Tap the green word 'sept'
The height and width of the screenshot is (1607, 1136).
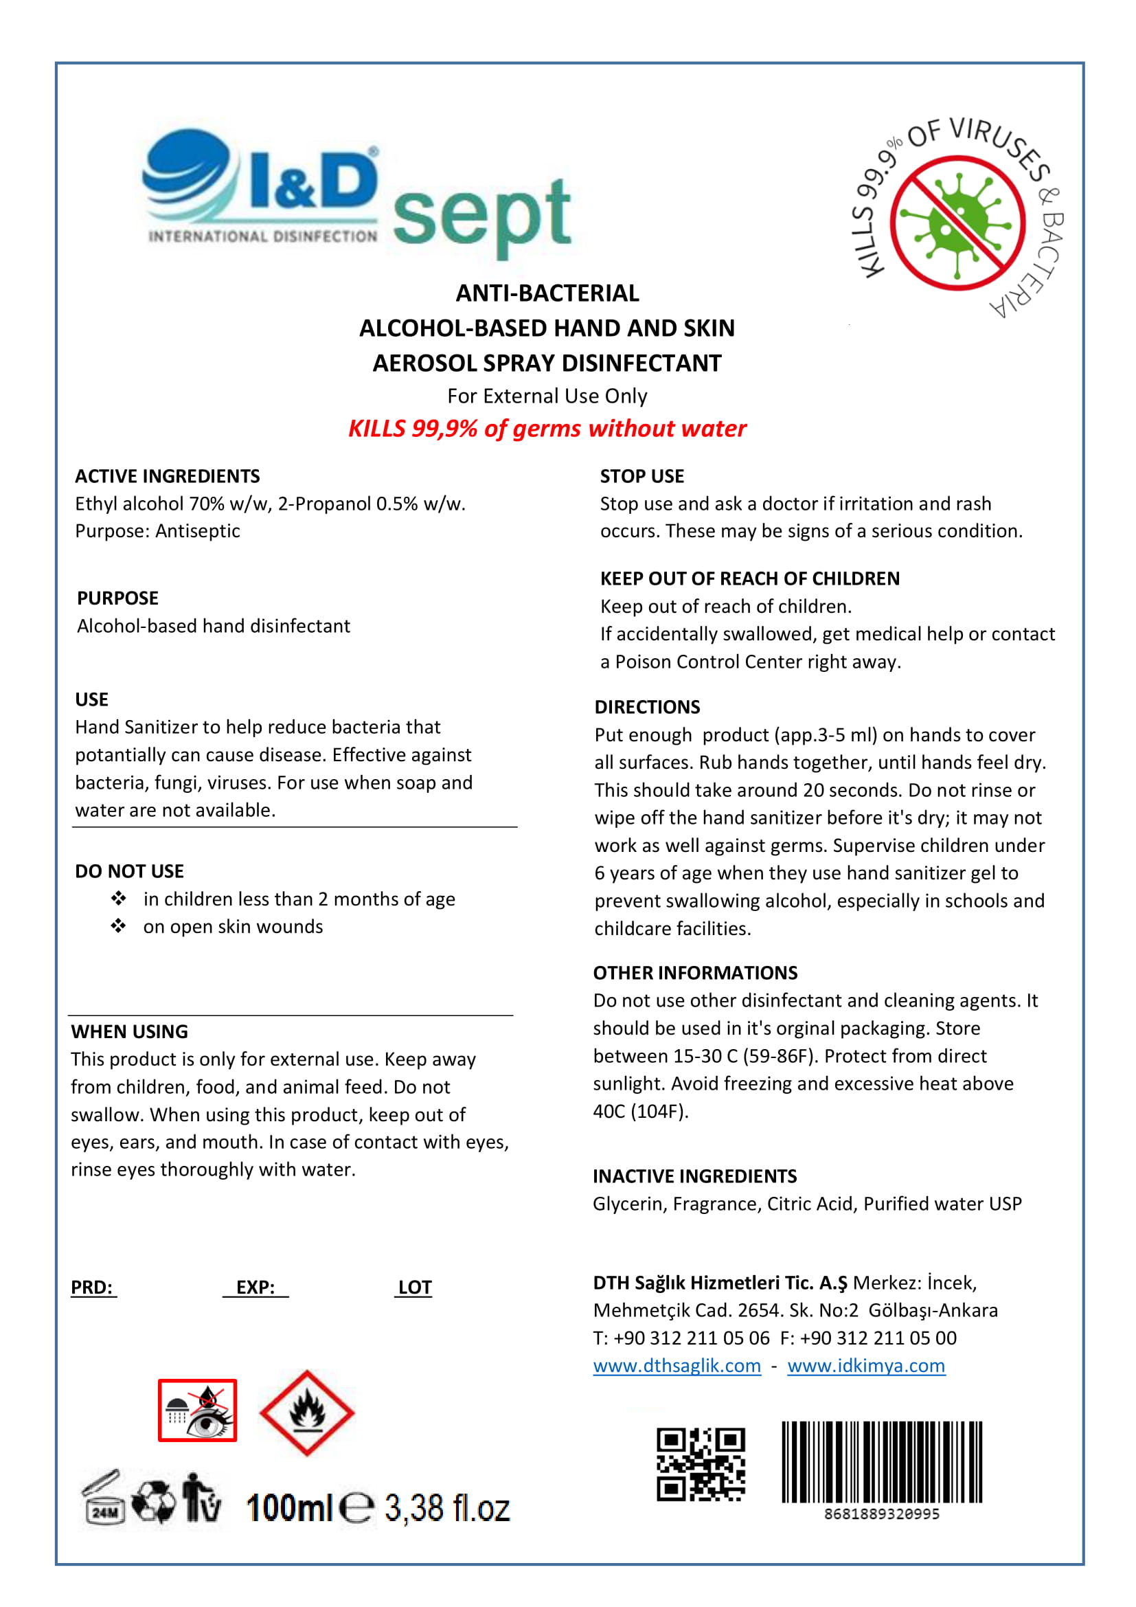click(x=482, y=214)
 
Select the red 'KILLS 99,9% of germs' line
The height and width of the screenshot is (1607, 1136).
click(x=547, y=428)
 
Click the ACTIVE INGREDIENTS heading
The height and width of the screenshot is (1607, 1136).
click(x=167, y=476)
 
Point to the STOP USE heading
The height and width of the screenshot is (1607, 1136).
click(x=641, y=476)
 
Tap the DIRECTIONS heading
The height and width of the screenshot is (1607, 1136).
click(x=647, y=707)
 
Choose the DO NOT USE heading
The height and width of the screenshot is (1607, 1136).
click(x=129, y=870)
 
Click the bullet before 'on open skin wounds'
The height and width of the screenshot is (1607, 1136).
click(x=118, y=926)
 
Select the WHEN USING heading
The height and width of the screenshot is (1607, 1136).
click(x=129, y=1031)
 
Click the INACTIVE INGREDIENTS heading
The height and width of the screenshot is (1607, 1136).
click(x=694, y=1176)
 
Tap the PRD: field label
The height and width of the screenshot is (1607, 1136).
click(x=92, y=1287)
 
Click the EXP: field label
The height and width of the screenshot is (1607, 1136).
click(x=255, y=1287)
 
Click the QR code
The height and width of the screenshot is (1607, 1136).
click(x=700, y=1464)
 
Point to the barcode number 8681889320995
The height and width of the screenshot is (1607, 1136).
click(x=881, y=1514)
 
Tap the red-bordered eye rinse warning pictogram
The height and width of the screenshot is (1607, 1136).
click(x=197, y=1411)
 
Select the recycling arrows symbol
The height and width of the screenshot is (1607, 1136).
click(x=154, y=1500)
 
